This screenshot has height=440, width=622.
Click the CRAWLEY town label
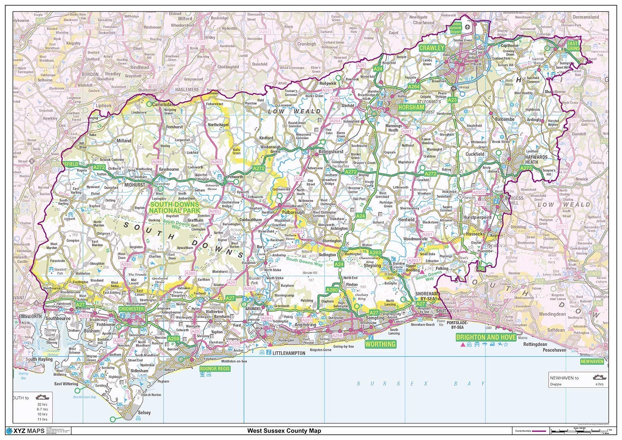click(432, 48)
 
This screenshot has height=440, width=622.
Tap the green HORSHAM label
click(411, 107)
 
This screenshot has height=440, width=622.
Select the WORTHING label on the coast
click(380, 344)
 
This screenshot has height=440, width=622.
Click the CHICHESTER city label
click(131, 309)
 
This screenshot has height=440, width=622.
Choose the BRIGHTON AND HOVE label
click(486, 337)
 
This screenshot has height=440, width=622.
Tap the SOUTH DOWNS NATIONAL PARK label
click(175, 208)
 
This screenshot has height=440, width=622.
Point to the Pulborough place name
click(293, 212)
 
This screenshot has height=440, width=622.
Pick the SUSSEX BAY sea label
click(421, 384)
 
